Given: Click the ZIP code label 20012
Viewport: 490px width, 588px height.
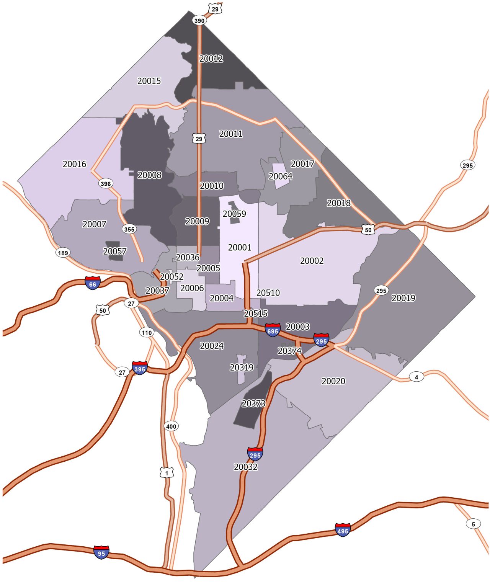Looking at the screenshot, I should tap(211, 59).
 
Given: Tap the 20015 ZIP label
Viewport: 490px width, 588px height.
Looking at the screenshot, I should tap(149, 81).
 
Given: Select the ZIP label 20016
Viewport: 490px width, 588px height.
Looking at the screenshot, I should tap(75, 164).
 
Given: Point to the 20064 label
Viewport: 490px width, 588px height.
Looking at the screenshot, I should tap(280, 176).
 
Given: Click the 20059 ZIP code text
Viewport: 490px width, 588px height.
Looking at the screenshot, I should tap(234, 214).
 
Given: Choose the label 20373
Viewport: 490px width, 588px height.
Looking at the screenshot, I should tap(253, 403).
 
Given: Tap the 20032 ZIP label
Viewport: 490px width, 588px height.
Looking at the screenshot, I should tap(246, 467).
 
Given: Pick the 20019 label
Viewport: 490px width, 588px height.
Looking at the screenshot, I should tap(403, 298).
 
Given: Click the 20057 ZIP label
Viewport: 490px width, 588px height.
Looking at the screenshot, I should tap(115, 251).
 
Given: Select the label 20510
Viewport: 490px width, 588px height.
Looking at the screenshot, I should tap(268, 293).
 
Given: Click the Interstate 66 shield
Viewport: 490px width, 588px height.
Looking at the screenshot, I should tap(93, 283).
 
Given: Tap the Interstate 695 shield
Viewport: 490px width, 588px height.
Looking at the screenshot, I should tap(273, 330).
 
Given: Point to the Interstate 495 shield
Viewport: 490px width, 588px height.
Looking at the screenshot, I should tap(343, 530).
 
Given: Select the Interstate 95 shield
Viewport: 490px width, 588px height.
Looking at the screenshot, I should tap(101, 552).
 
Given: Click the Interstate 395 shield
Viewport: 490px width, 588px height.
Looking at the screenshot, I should tap(140, 368).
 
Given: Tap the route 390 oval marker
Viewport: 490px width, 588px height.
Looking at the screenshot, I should tap(199, 21).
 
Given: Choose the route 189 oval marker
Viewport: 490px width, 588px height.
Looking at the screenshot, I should tap(63, 253).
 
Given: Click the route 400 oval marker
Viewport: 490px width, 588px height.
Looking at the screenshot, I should tap(171, 426).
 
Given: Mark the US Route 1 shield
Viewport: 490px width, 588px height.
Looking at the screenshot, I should tap(167, 473).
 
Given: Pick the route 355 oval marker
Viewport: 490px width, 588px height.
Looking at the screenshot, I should tap(129, 229).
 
